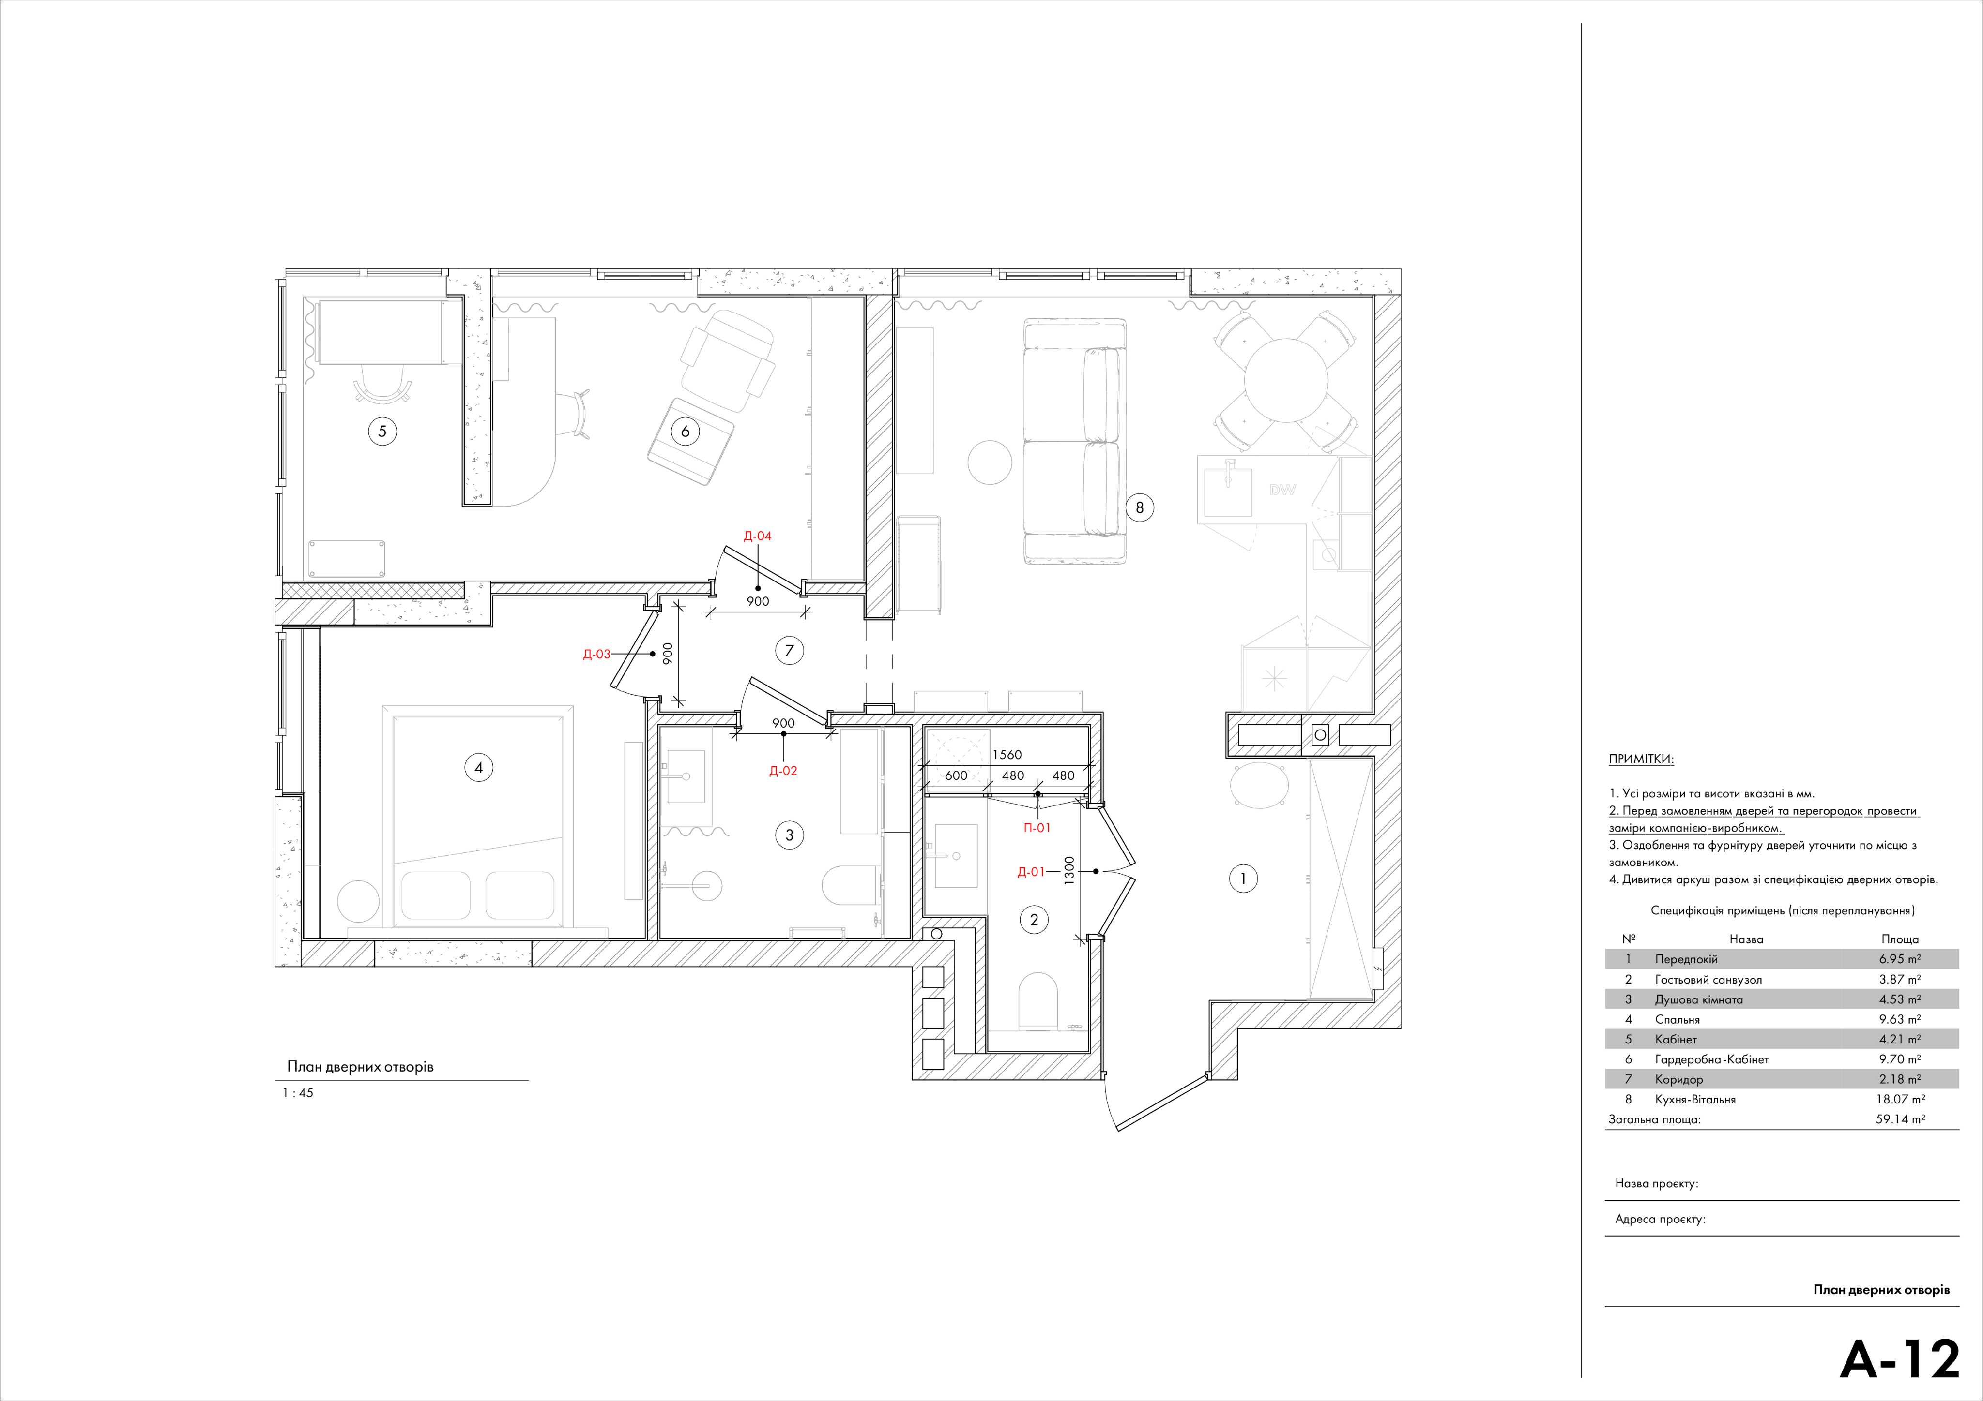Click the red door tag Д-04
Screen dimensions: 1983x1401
(x=758, y=536)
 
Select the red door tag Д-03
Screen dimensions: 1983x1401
(x=597, y=655)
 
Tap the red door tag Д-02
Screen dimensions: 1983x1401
(x=783, y=771)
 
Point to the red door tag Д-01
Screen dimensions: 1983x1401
(x=1031, y=872)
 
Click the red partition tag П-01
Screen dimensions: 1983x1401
(x=1037, y=828)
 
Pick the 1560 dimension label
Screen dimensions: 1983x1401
(x=1007, y=755)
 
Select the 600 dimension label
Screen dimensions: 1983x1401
(x=956, y=775)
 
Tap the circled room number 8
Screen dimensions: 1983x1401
(x=1139, y=507)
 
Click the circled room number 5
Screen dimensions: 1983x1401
(x=382, y=431)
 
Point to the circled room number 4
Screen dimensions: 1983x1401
(x=478, y=767)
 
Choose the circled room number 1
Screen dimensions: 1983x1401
(x=1243, y=879)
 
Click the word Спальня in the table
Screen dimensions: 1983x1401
(x=1677, y=1019)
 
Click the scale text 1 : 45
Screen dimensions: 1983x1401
(x=298, y=1093)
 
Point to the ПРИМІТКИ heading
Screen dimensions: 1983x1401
(x=1641, y=760)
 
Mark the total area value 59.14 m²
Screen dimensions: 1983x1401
(x=1900, y=1119)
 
